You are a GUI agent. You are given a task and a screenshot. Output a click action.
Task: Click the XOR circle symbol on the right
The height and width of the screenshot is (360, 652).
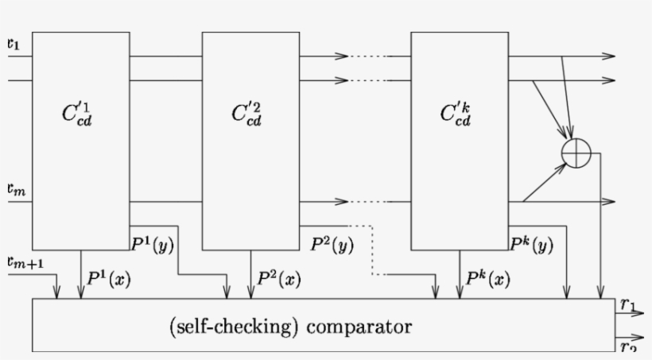pos(576,152)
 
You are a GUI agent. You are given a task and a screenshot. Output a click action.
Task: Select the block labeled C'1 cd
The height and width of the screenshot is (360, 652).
pos(80,140)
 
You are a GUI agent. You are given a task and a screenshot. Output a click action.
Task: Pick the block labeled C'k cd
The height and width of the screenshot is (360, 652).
pos(459,140)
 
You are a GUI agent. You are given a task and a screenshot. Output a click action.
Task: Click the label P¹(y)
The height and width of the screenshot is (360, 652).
pos(153,244)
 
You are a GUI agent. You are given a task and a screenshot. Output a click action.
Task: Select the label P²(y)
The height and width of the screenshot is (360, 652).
pos(332,244)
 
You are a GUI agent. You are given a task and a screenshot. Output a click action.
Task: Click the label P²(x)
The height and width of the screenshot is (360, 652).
pos(279,279)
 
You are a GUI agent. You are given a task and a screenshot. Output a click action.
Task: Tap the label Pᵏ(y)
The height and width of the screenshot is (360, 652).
pos(532,245)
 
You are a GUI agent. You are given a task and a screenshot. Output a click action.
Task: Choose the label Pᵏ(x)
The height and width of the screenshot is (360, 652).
pos(487,279)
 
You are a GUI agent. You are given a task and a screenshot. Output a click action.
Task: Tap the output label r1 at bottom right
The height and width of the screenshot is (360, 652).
pos(627,304)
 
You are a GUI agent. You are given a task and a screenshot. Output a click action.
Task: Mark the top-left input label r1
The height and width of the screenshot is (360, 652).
pos(14,45)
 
